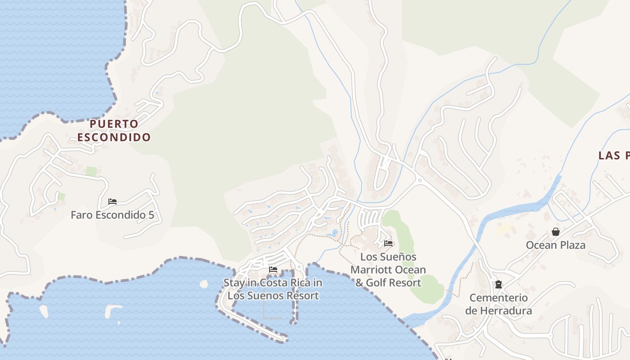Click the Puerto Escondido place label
point(114,130)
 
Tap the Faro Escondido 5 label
point(112,215)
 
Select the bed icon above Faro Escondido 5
point(112,202)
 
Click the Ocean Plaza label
point(556,245)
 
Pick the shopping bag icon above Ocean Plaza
point(556,232)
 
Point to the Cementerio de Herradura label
point(499,304)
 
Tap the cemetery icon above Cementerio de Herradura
point(499,284)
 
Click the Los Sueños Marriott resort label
point(388,270)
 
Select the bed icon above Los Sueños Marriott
point(388,243)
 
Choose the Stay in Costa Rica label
point(273,289)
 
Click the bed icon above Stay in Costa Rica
point(273,270)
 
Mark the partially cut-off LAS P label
point(614,156)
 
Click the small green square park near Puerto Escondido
point(91,171)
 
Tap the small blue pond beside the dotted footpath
point(334,233)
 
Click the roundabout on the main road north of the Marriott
point(419,180)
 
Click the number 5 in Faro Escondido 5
point(151,215)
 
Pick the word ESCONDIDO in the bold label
point(114,137)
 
